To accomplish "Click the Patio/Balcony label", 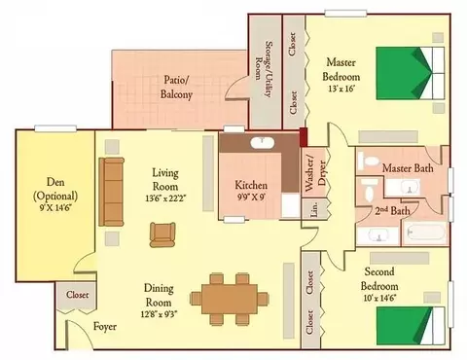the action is tap(176, 87).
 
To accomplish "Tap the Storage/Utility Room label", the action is tap(264, 68).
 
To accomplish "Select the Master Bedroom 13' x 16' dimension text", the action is tap(341, 89).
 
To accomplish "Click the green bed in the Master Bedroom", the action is tap(410, 73).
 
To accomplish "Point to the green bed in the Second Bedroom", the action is tap(411, 326).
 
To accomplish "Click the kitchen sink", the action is tap(263, 143).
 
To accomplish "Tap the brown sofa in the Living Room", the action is tap(111, 192).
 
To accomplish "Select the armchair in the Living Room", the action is tap(162, 234).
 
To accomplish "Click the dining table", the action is tap(230, 300).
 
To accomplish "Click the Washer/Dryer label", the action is tap(314, 174).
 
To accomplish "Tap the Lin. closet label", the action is tap(314, 208).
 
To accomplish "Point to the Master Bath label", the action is tap(408, 168).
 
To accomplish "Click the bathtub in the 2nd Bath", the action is tap(425, 233).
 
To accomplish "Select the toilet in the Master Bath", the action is tap(369, 162).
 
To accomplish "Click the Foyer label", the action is tap(105, 326).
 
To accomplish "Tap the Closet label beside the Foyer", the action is tap(77, 295).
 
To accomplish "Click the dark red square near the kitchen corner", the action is tap(304, 137).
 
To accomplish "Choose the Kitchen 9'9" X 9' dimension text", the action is tap(251, 197).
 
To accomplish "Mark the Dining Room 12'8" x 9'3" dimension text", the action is tap(159, 313).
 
